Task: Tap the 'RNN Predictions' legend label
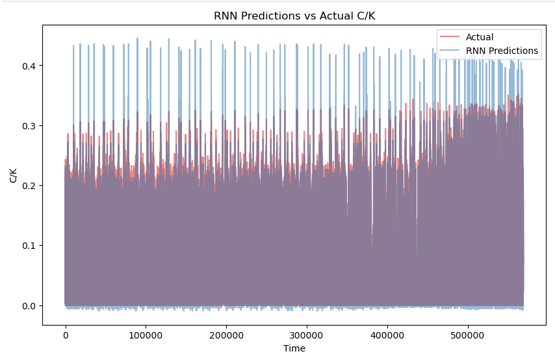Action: point(502,51)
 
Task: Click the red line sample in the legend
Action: point(449,37)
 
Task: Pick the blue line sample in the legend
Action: point(449,51)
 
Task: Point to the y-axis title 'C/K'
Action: point(14,175)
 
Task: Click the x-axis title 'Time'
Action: point(294,348)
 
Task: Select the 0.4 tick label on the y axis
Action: point(31,66)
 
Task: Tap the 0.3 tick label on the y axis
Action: point(31,125)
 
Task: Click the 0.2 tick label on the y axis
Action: point(31,186)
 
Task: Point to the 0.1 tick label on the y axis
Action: point(31,246)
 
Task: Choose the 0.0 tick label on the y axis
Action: point(31,305)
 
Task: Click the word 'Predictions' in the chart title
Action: point(265,16)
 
